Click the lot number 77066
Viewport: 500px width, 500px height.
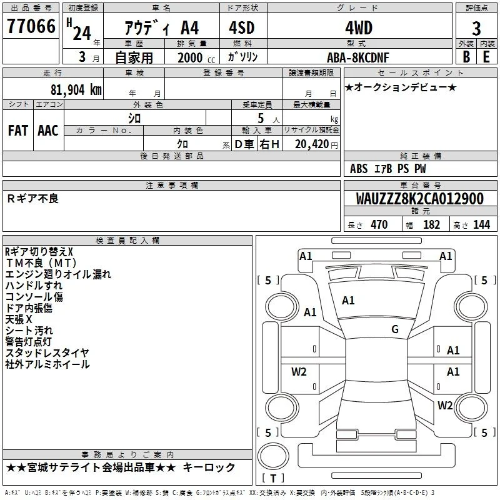click(31, 26)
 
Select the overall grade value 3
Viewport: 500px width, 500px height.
click(476, 29)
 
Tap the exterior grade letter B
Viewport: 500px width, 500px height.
click(466, 57)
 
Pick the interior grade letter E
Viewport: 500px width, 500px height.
click(486, 57)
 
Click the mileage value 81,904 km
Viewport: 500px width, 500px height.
click(76, 90)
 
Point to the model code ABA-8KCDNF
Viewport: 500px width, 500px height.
click(358, 57)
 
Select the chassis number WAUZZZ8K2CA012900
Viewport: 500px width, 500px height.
click(419, 199)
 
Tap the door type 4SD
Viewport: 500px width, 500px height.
click(242, 27)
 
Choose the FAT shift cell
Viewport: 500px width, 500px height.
click(18, 131)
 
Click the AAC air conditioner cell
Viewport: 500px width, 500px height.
click(48, 131)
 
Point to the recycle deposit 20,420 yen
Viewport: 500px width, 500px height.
click(316, 144)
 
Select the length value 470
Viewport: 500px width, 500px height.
click(379, 224)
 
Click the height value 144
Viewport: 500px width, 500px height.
click(481, 224)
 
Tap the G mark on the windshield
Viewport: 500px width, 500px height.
click(395, 329)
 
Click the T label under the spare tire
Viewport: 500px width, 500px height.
click(273, 478)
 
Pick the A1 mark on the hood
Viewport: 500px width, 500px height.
click(348, 300)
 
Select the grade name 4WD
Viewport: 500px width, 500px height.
click(359, 28)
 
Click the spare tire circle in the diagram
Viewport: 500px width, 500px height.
click(273, 456)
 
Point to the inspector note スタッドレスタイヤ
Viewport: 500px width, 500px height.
click(47, 352)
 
